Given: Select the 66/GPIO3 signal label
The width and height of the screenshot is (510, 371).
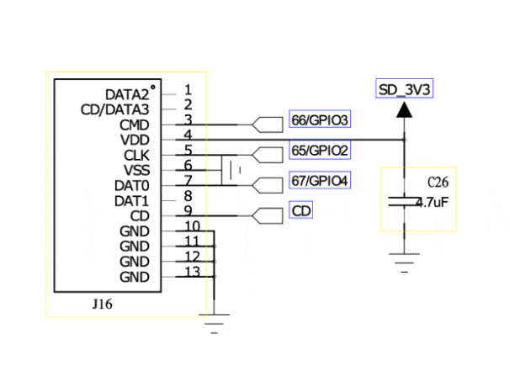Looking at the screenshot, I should (x=319, y=120).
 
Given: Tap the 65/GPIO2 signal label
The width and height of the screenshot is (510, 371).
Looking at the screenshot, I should (x=319, y=151).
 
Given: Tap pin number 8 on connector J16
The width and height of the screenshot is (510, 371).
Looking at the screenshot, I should (x=187, y=195).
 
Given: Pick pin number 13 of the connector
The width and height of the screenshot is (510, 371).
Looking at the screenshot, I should (x=190, y=271).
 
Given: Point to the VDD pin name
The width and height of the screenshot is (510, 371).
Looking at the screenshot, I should (x=135, y=139).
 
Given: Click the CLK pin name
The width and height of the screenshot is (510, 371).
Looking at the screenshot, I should (x=135, y=155).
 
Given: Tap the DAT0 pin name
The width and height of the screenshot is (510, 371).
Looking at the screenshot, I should (x=132, y=185).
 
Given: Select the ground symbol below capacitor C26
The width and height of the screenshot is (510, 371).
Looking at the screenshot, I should (x=405, y=261).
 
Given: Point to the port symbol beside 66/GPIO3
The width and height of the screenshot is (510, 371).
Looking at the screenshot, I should (x=266, y=123).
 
